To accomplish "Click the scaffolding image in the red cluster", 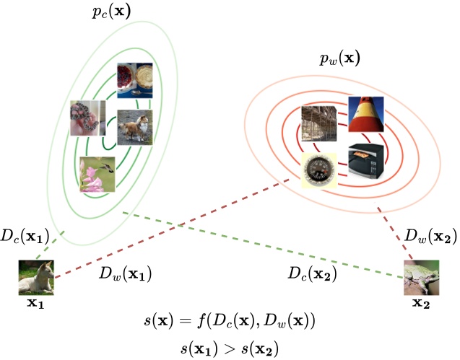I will [320, 124].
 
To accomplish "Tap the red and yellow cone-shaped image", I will [366, 113].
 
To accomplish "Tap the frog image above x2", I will [421, 277].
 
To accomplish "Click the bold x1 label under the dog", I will [36, 304].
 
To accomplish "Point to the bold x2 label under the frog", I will [421, 302].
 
